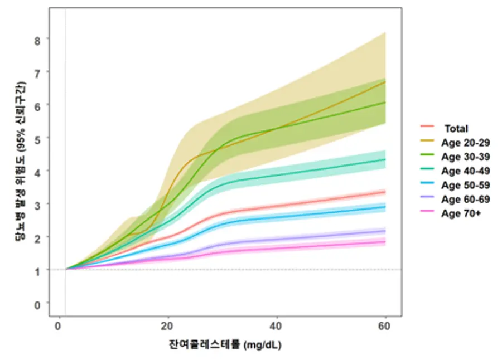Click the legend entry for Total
pyautogui.click(x=456, y=129)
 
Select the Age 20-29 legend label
pyautogui.click(x=466, y=143)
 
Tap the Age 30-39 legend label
pyautogui.click(x=466, y=157)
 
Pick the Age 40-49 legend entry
pyautogui.click(x=466, y=171)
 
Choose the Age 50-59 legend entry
pyautogui.click(x=466, y=185)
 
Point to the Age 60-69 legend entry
pyautogui.click(x=466, y=200)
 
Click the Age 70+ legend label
pyautogui.click(x=461, y=213)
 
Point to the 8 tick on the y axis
pyautogui.click(x=37, y=41)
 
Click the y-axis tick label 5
pyautogui.click(x=37, y=140)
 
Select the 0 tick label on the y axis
pyautogui.click(x=37, y=305)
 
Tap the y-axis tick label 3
pyautogui.click(x=37, y=206)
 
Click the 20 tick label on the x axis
pyautogui.click(x=167, y=326)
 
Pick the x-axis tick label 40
pyautogui.click(x=276, y=326)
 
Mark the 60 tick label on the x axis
pyautogui.click(x=384, y=326)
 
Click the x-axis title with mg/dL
pyautogui.click(x=225, y=345)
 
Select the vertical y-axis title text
pyautogui.click(x=21, y=162)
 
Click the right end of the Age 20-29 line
pyautogui.click(x=385, y=82)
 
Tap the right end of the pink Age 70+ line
pyautogui.click(x=385, y=242)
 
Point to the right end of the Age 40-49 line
pyautogui.click(x=385, y=159)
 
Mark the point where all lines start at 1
pyautogui.click(x=66, y=269)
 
